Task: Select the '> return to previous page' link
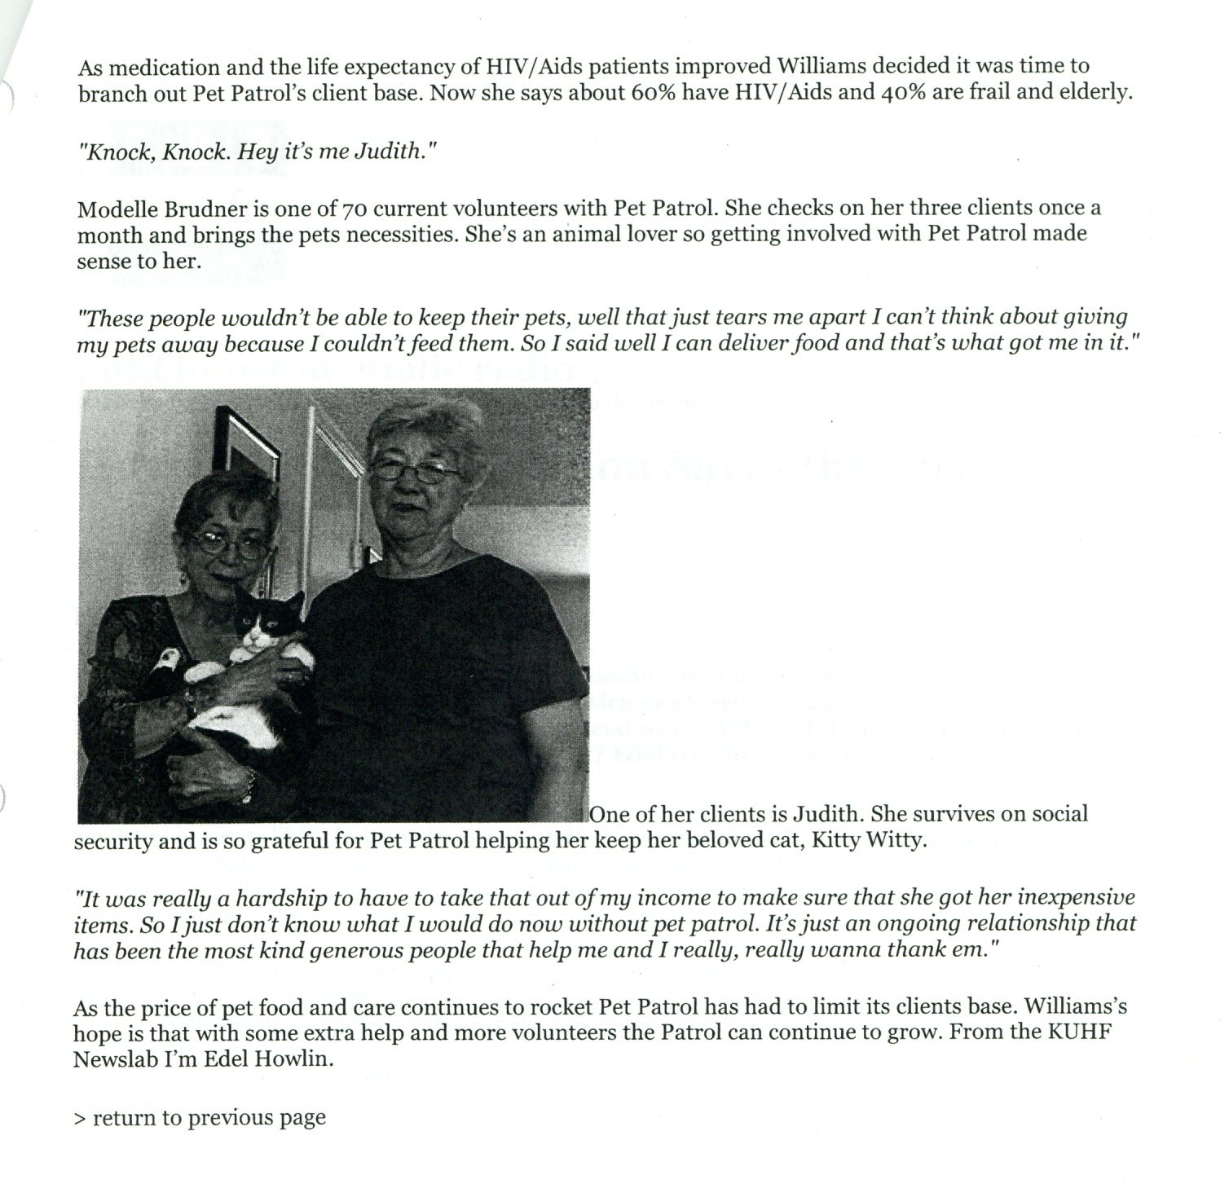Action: click(200, 1117)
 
